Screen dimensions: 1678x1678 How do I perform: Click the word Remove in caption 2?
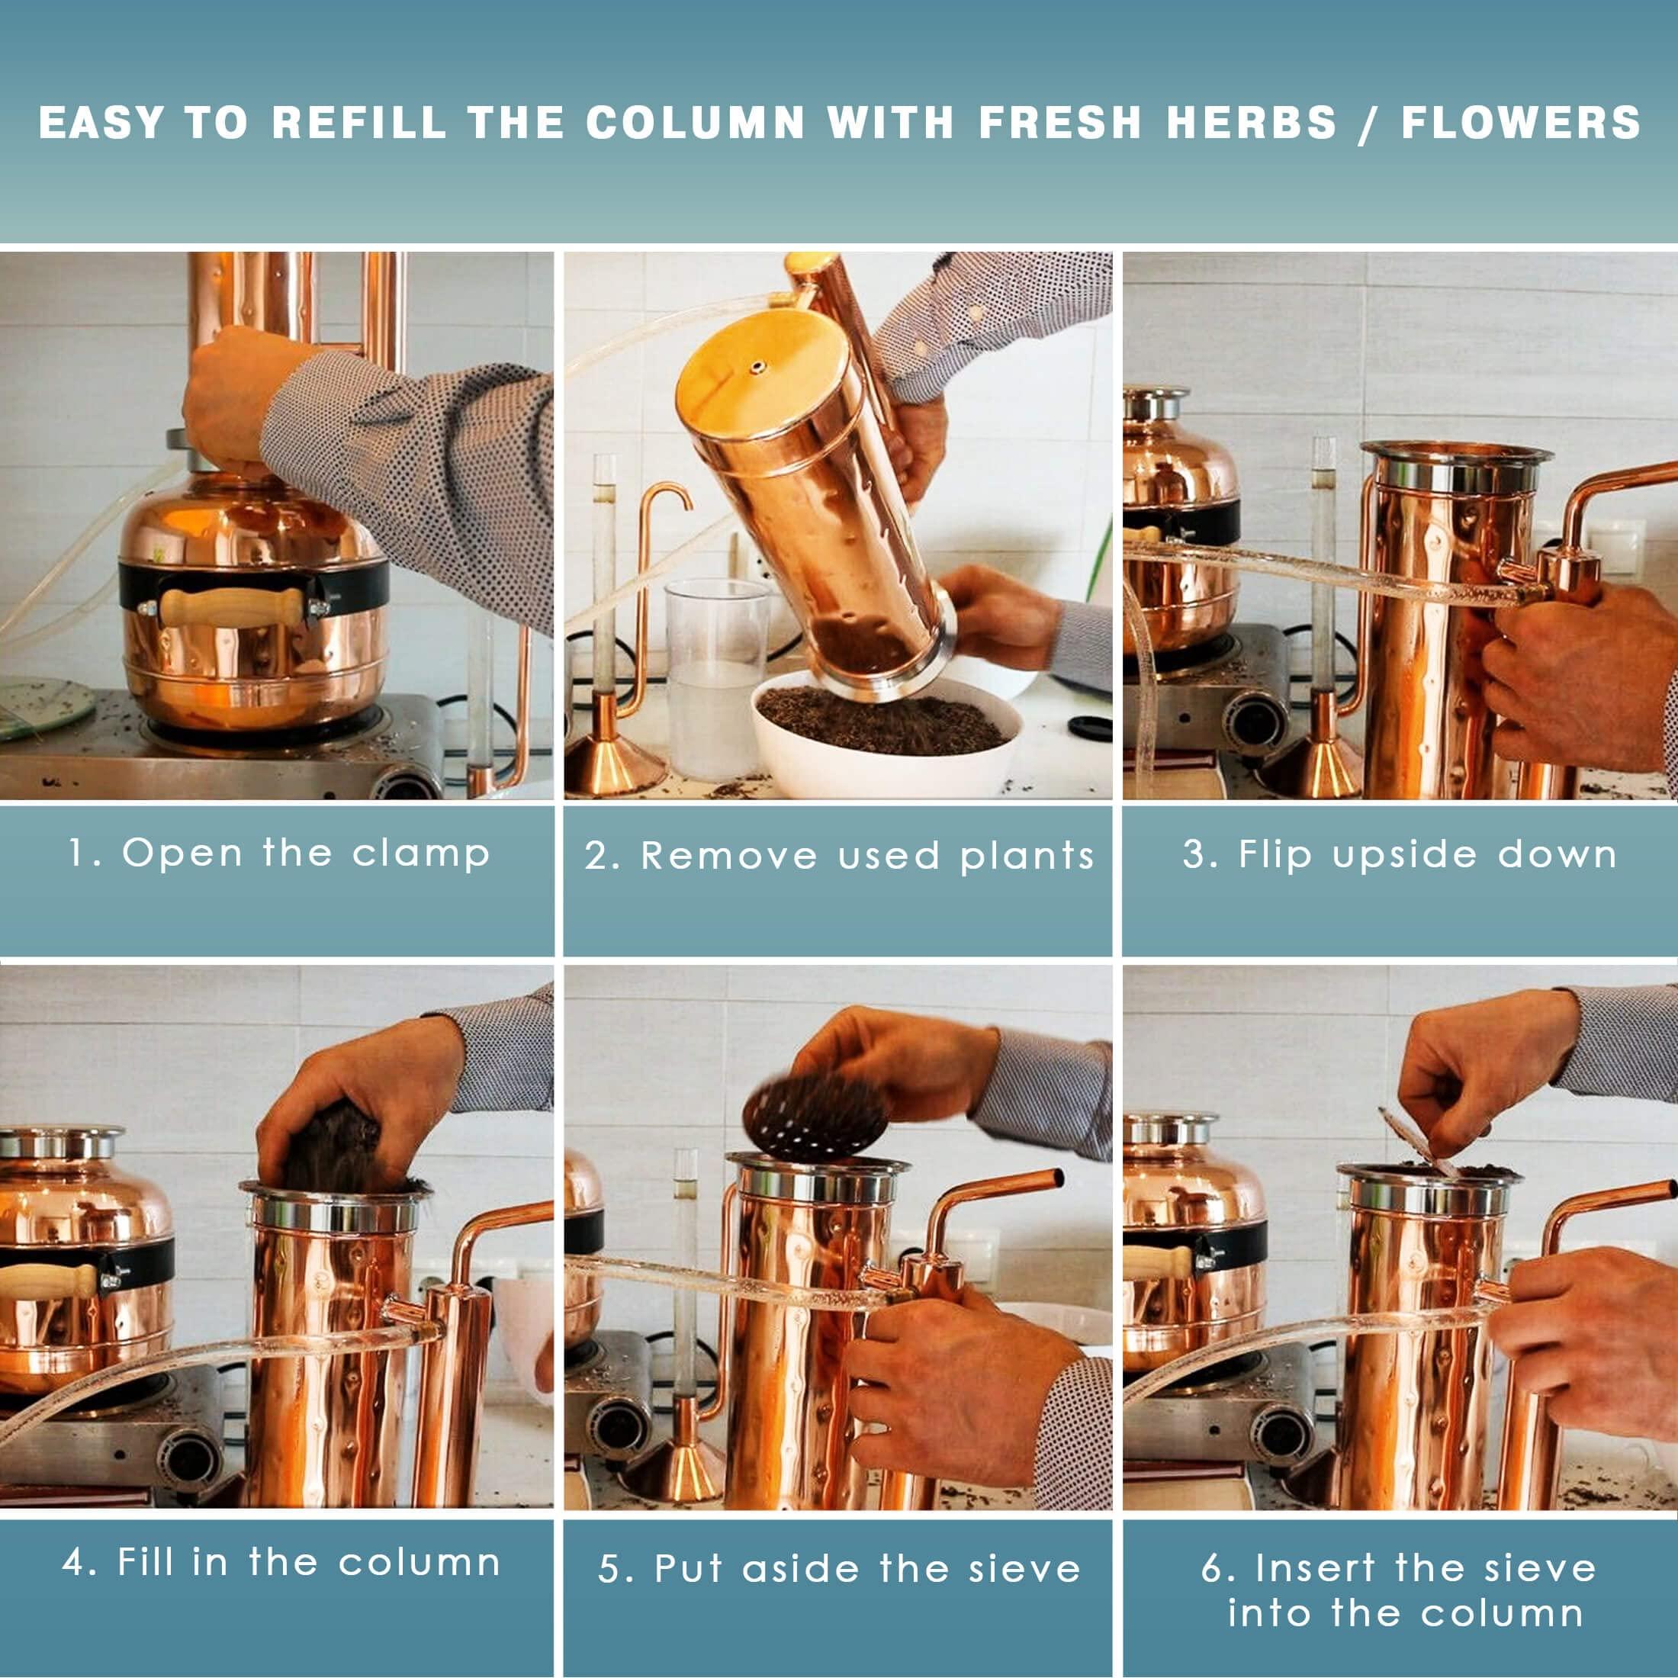tap(728, 857)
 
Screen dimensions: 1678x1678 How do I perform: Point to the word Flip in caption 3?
tap(1274, 853)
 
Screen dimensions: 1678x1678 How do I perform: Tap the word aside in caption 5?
tap(800, 1569)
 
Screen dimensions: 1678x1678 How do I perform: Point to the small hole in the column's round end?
tap(759, 368)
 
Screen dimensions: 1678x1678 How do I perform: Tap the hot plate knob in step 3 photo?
tap(1257, 724)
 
